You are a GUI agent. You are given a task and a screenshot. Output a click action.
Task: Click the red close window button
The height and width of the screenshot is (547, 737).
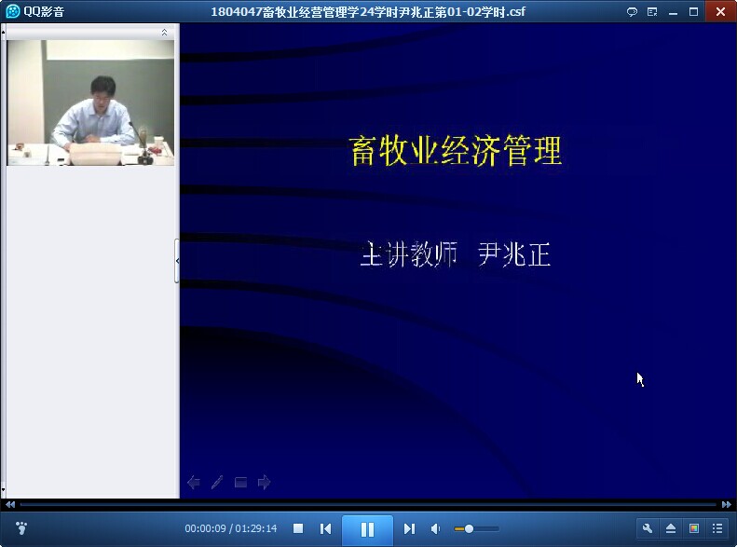pyautogui.click(x=720, y=12)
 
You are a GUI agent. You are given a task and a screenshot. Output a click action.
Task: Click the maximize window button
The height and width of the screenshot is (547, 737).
pyautogui.click(x=693, y=12)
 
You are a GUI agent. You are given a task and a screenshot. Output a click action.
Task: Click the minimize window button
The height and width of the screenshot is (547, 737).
pyautogui.click(x=673, y=13)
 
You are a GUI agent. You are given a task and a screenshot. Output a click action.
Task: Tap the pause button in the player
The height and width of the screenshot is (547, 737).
pyautogui.click(x=367, y=529)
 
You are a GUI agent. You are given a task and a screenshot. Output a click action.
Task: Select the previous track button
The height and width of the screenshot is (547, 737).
pyautogui.click(x=325, y=529)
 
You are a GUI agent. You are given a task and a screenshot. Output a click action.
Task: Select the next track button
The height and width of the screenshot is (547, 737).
pyautogui.click(x=409, y=529)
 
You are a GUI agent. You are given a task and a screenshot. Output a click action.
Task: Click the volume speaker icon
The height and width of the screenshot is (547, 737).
pyautogui.click(x=436, y=529)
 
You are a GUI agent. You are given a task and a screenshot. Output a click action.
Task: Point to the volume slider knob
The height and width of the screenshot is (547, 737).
pyautogui.click(x=469, y=529)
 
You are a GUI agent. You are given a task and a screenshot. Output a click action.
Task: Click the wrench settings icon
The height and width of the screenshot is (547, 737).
pyautogui.click(x=648, y=528)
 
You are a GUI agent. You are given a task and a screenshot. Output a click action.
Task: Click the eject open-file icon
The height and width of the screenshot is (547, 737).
pyautogui.click(x=671, y=528)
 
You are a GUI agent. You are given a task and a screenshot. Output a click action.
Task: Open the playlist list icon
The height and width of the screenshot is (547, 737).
pyautogui.click(x=717, y=528)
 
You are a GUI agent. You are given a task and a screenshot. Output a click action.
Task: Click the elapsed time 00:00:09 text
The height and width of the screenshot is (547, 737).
pyautogui.click(x=205, y=528)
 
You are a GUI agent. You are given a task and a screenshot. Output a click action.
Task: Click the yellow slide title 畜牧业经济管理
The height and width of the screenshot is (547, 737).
pyautogui.click(x=456, y=150)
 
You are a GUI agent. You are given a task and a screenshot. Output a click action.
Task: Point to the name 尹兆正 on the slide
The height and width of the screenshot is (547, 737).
pyautogui.click(x=513, y=254)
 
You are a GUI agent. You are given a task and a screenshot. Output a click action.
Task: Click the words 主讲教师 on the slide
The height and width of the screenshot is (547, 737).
pyautogui.click(x=409, y=254)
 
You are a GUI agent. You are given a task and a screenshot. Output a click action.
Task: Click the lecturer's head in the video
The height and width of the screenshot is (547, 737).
pyautogui.click(x=102, y=89)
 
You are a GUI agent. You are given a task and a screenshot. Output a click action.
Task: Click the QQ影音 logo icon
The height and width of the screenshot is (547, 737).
pyautogui.click(x=13, y=11)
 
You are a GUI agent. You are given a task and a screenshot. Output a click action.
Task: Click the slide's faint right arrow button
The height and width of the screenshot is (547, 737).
pyautogui.click(x=265, y=482)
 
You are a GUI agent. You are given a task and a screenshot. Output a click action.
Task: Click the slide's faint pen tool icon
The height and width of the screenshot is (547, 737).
pyautogui.click(x=217, y=482)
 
